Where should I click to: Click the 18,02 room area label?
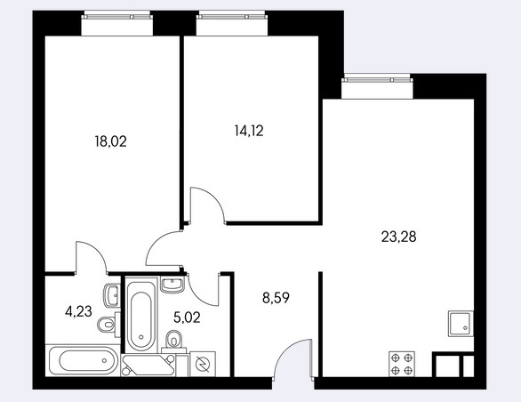(x=111, y=141)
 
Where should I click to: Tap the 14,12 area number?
(x=249, y=131)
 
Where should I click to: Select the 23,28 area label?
(x=398, y=237)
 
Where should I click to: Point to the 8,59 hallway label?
(x=276, y=298)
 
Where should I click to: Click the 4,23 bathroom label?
(x=79, y=312)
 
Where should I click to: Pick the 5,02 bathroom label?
(x=187, y=318)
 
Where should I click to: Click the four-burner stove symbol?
(x=402, y=364)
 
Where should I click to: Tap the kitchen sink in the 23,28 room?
(x=461, y=324)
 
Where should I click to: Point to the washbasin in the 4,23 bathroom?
(x=112, y=295)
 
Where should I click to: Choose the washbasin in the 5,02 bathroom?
(x=172, y=285)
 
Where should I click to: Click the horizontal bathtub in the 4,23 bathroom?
(x=84, y=360)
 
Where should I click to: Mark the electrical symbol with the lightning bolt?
(x=202, y=364)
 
